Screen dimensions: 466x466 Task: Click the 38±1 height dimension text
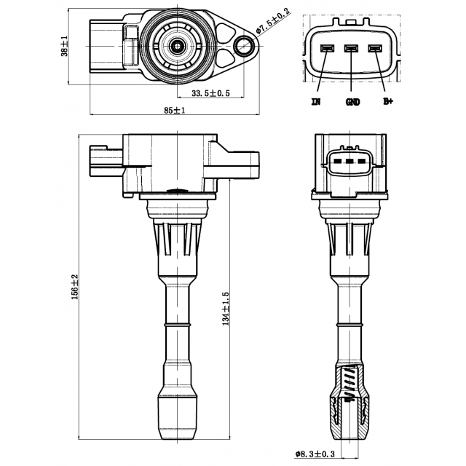click(x=65, y=46)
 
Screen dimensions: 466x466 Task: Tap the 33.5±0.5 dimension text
click(x=210, y=93)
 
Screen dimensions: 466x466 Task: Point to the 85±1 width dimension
click(x=175, y=110)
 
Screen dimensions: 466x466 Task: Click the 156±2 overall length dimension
click(x=74, y=286)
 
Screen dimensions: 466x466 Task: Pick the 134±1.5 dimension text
click(x=226, y=309)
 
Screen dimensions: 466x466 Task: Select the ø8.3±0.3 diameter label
click(x=315, y=454)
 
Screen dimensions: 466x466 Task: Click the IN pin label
click(x=315, y=102)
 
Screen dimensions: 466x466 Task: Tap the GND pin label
click(x=352, y=102)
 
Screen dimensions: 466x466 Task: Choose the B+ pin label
click(x=388, y=101)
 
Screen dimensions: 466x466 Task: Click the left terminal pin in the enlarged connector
click(x=327, y=48)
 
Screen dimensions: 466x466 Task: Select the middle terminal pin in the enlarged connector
click(x=351, y=48)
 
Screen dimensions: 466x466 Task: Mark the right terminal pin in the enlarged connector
click(x=375, y=48)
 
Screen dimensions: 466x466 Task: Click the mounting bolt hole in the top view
click(x=244, y=46)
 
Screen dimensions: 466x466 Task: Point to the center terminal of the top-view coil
click(x=178, y=46)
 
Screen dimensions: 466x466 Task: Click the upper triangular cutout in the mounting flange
click(x=226, y=31)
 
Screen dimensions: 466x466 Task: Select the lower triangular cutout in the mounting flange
click(x=225, y=59)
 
